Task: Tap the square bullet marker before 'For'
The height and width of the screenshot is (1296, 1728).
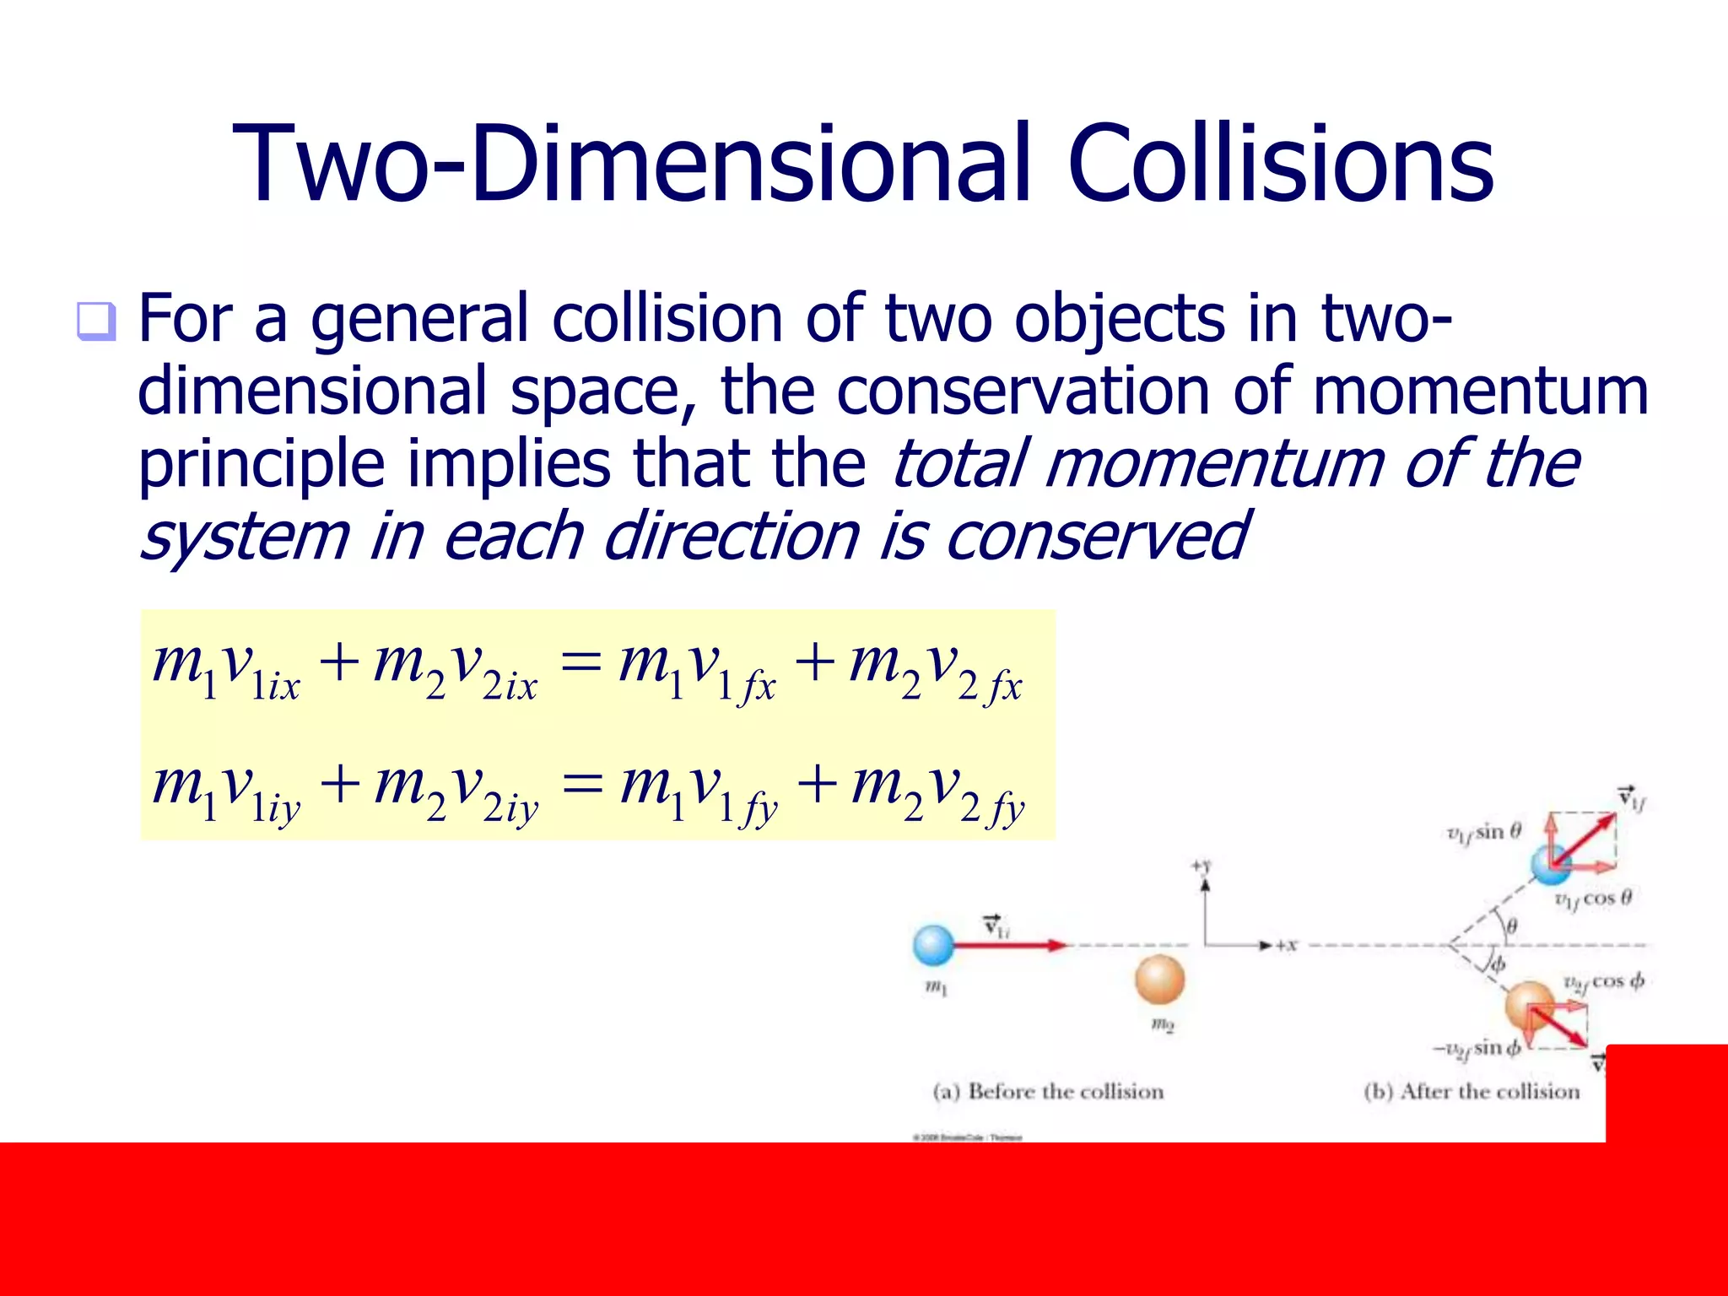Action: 95,321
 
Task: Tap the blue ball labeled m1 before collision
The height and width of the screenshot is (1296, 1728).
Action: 934,945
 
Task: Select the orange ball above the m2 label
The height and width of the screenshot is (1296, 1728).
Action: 1160,980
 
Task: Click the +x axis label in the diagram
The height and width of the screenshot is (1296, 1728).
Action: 1286,946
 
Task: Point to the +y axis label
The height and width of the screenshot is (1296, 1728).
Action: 1201,866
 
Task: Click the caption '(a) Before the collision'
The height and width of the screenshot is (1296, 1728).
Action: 1048,1092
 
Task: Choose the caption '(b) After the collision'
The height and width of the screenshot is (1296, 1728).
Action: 1471,1092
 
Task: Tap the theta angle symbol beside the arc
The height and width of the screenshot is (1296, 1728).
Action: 1512,926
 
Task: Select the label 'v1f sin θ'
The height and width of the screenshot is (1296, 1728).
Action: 1483,834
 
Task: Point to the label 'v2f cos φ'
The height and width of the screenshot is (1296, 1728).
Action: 1603,982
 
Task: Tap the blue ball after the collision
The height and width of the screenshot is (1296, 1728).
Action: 1551,864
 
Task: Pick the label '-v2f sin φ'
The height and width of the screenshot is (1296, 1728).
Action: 1477,1049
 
